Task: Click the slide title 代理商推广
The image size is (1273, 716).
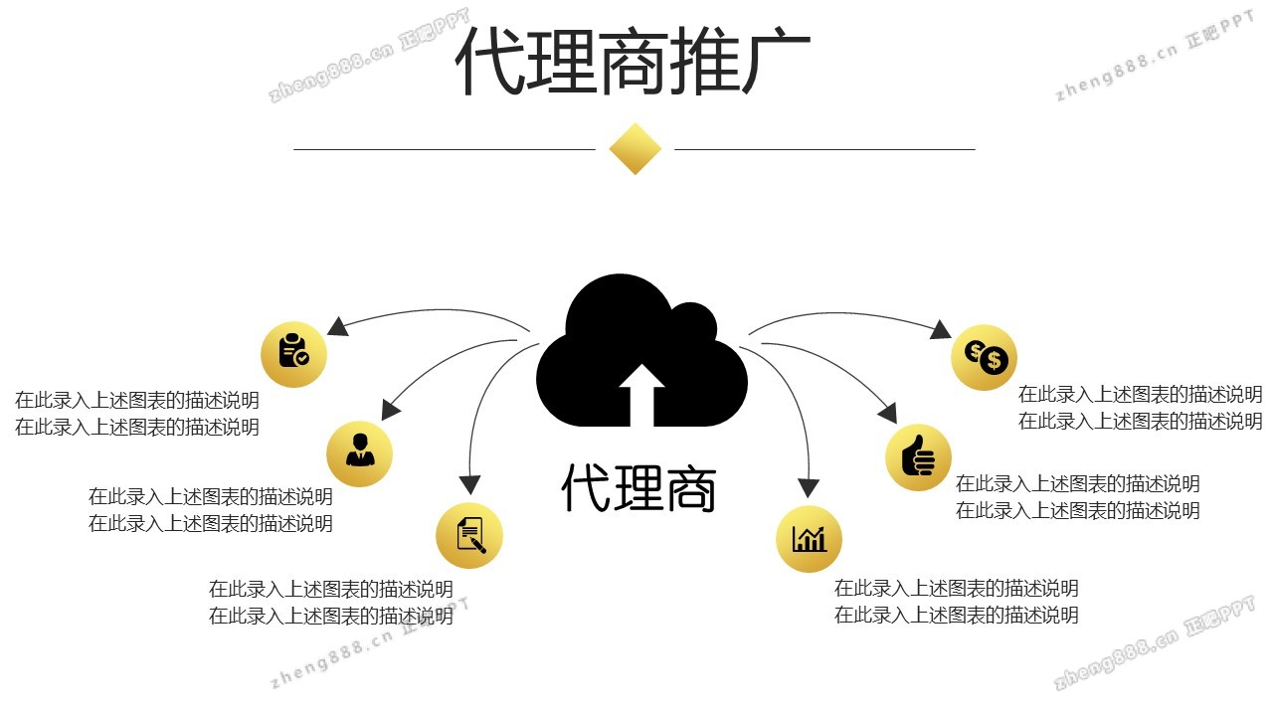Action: point(634,62)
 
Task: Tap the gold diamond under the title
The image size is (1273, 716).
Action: point(636,149)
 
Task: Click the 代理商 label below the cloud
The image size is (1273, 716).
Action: point(638,487)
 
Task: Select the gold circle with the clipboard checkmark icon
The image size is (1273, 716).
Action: point(293,354)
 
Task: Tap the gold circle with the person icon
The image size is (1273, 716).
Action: point(360,453)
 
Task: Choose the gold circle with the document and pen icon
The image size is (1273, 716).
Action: point(469,536)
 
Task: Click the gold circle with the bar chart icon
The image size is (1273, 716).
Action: point(809,540)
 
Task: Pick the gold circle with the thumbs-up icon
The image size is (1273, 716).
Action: point(918,457)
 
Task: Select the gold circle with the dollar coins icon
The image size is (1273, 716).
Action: point(984,357)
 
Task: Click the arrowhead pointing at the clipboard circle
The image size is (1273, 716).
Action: point(337,326)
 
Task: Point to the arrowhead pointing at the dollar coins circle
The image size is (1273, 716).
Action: point(942,330)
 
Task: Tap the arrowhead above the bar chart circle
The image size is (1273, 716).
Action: point(809,487)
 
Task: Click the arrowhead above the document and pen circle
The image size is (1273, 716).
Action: point(469,484)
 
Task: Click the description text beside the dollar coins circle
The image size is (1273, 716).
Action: point(1140,408)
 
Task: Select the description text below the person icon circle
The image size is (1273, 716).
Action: point(211,509)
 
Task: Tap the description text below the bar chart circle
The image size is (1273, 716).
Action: point(956,602)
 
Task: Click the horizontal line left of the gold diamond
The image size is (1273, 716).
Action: point(444,150)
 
